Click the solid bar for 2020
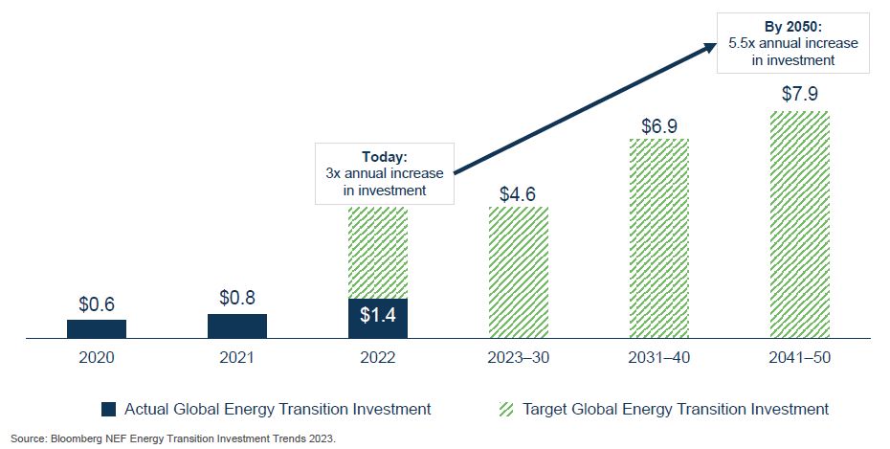97,328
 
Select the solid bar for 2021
237,326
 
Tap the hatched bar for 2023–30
519,273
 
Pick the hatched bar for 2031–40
658,238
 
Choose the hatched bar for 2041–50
800,224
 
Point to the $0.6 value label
97,304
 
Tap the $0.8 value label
237,298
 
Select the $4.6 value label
519,192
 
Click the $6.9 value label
658,124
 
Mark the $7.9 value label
800,95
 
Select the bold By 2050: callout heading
792,27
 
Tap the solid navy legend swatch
110,410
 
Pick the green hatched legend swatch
506,410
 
